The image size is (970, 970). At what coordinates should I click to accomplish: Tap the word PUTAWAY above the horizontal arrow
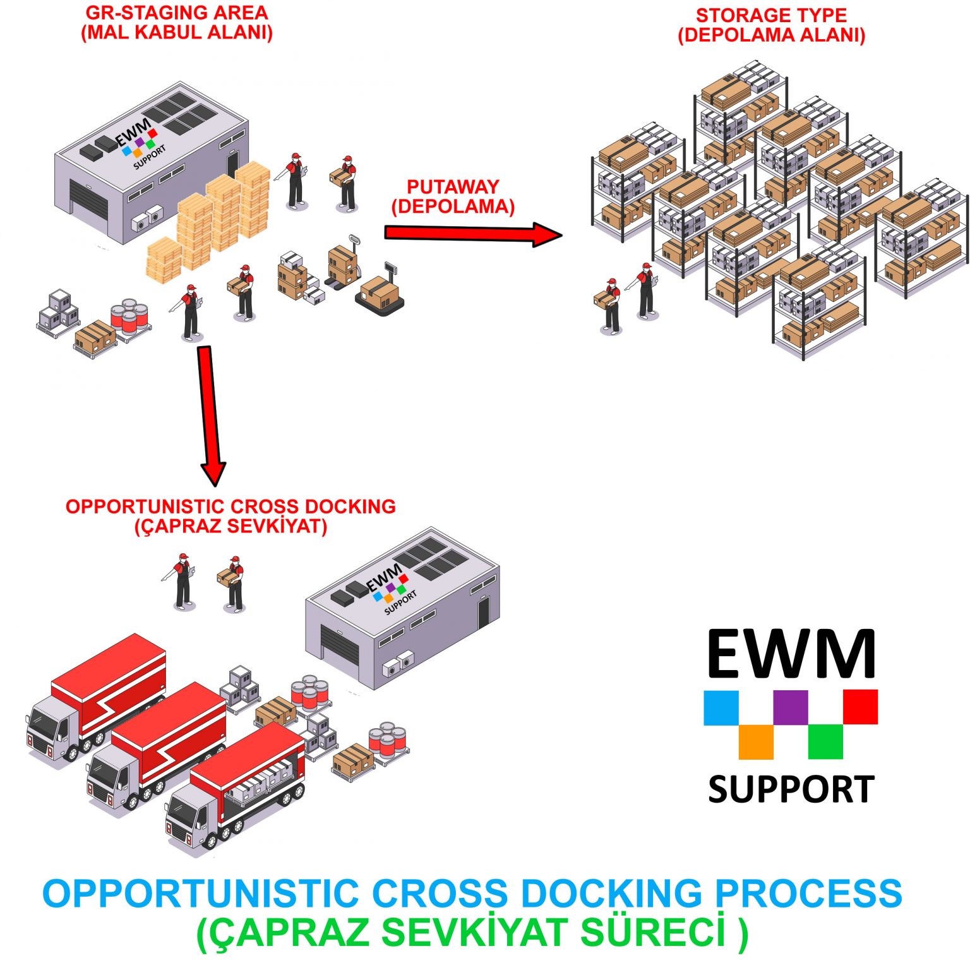453,187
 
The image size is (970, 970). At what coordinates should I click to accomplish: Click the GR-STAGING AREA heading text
177,13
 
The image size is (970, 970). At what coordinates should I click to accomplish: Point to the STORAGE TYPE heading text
771,15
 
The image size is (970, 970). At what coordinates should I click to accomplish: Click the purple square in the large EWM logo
791,707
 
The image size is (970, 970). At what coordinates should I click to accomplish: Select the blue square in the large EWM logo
721,707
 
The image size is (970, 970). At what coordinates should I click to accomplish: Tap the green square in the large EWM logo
825,741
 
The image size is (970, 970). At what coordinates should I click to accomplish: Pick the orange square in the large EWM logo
756,741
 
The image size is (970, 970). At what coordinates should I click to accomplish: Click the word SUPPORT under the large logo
791,789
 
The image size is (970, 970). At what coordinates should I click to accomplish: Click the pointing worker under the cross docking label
182,581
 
